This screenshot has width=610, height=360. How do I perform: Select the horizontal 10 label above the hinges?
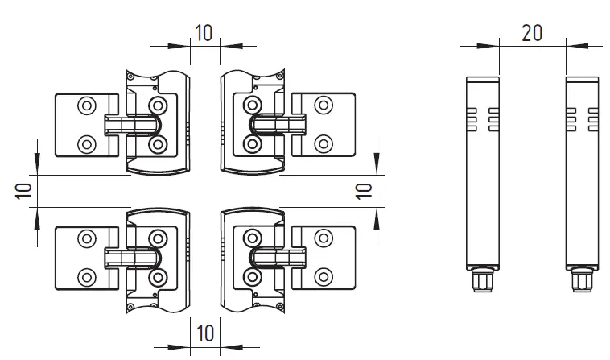(x=204, y=33)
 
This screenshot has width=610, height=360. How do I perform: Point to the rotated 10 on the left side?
(x=23, y=190)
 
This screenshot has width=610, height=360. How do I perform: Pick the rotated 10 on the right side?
(x=363, y=190)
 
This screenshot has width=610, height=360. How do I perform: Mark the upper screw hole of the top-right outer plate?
(x=324, y=105)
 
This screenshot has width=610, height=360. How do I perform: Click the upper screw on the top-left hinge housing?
(x=157, y=105)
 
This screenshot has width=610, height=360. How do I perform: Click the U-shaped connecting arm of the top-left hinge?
(x=137, y=125)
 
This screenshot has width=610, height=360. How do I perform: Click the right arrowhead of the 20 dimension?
(x=573, y=47)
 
